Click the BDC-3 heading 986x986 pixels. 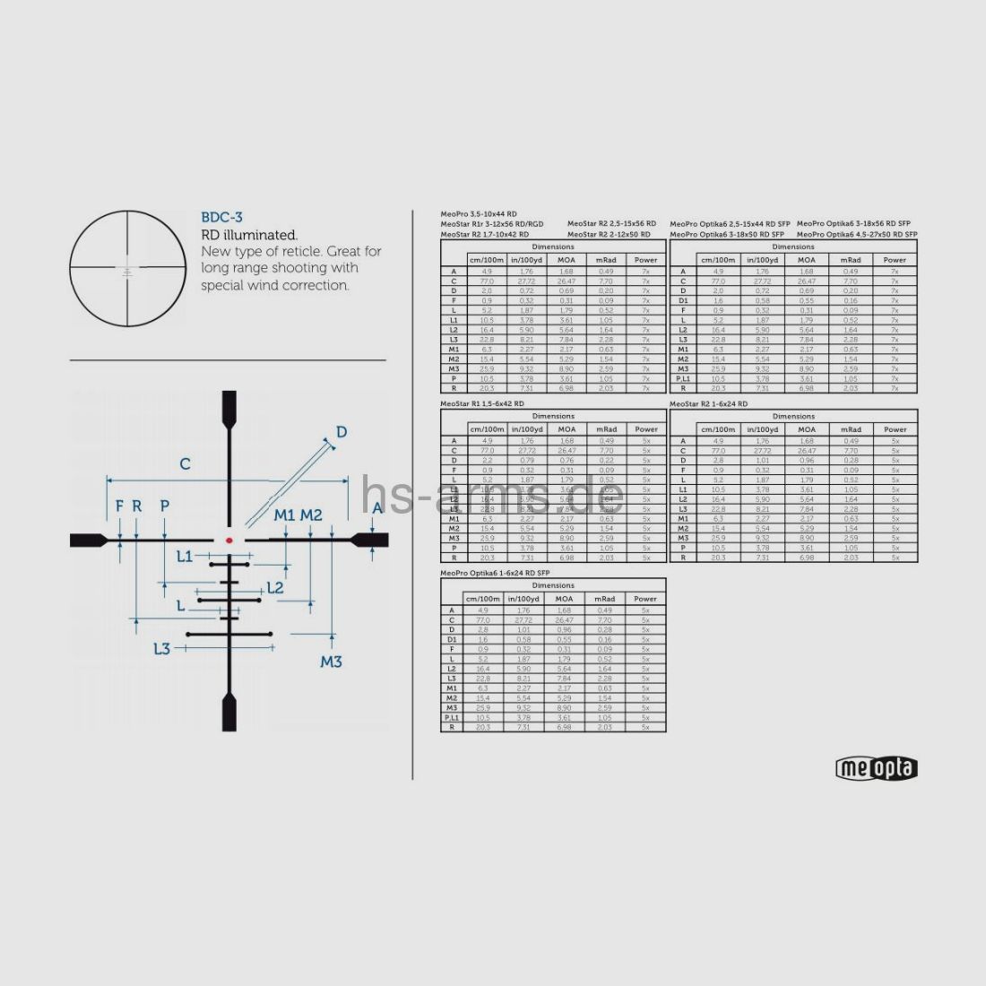(x=221, y=217)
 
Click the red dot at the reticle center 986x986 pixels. (x=229, y=540)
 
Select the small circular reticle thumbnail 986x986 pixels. (x=127, y=268)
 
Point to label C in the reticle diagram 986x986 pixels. (x=185, y=463)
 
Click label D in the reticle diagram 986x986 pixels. (x=341, y=432)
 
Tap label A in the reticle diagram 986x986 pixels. (x=377, y=507)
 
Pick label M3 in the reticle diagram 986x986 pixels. (x=331, y=662)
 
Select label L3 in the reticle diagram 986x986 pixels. (x=161, y=648)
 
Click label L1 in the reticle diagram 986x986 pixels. (x=184, y=556)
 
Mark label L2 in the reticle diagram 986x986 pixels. (x=275, y=588)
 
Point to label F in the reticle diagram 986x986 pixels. (x=119, y=506)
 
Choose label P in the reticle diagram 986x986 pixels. (x=164, y=506)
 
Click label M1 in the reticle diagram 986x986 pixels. (x=284, y=515)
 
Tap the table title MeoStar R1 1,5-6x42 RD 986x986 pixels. (x=482, y=404)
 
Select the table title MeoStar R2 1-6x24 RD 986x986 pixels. (x=708, y=404)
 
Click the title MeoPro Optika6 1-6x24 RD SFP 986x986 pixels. (x=496, y=573)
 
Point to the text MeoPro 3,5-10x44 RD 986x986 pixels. (x=479, y=213)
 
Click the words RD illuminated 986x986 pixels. (x=248, y=235)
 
